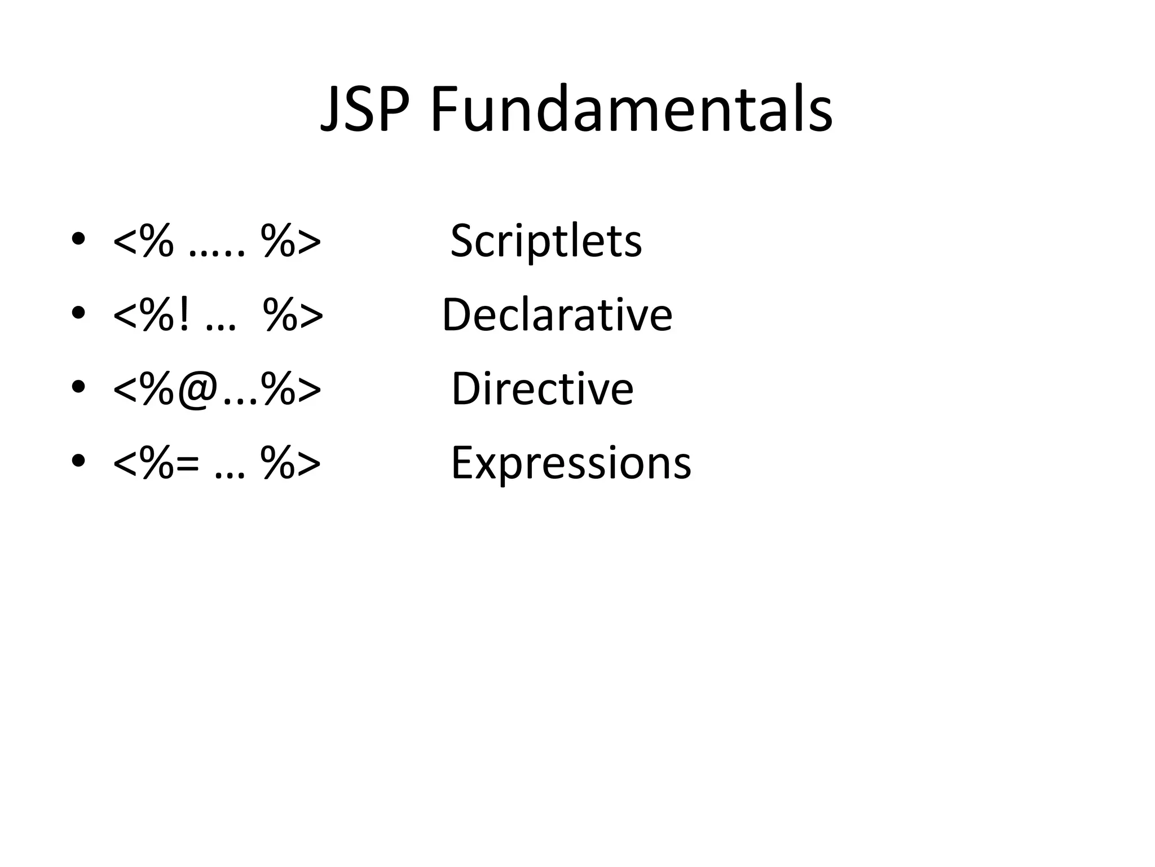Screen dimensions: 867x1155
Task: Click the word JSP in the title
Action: click(364, 110)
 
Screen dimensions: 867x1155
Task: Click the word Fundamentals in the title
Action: click(632, 110)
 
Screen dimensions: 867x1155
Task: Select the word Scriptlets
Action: click(546, 241)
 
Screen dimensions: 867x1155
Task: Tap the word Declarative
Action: click(557, 314)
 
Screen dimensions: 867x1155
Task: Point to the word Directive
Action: click(543, 388)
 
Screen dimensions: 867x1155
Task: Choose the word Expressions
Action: click(571, 463)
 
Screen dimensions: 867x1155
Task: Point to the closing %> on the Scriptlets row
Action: click(291, 242)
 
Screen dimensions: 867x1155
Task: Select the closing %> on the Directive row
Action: click(291, 389)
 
